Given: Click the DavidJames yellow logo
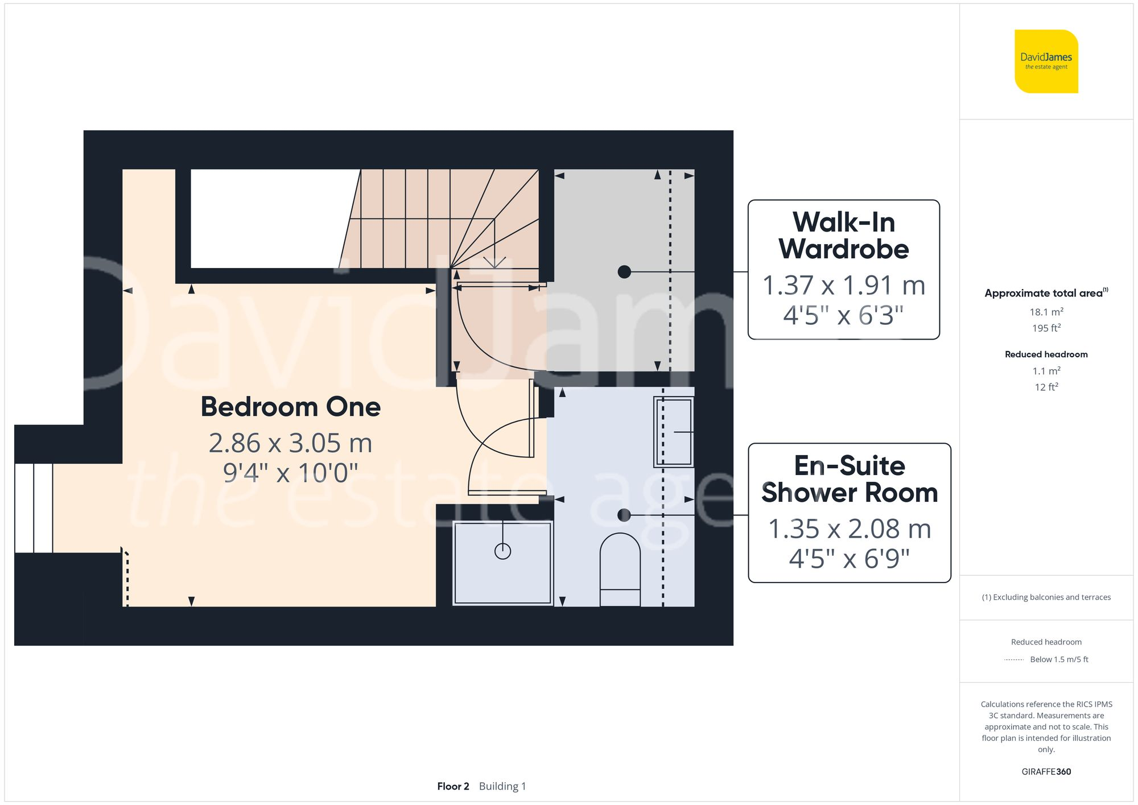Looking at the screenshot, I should point(1046,61).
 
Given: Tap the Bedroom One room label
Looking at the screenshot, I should point(290,407).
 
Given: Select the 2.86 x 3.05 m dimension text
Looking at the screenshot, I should point(290,443).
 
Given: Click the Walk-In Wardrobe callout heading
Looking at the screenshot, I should point(843,236).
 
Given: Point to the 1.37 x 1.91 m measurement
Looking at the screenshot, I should point(843,286).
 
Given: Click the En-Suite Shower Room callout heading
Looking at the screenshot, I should point(849,479).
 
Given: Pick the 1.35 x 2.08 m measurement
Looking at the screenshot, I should point(849,529).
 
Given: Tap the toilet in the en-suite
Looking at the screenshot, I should point(620,569).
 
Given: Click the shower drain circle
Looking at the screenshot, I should point(502,551).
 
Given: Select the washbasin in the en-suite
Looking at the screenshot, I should point(674,432).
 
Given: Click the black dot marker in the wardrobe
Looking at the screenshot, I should point(624,272).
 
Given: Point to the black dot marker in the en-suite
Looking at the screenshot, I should point(624,515).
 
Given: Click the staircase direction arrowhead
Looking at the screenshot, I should point(494,262).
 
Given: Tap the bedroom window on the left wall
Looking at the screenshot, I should point(34,508).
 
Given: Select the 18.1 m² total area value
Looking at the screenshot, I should point(1046,312).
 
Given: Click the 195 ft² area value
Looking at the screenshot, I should point(1046,328).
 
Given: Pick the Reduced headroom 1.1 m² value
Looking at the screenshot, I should point(1046,371).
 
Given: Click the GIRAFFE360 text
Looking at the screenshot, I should point(1046,772).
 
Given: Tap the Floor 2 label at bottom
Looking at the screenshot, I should point(453,786).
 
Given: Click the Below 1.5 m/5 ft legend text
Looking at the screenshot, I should point(1058,659).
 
